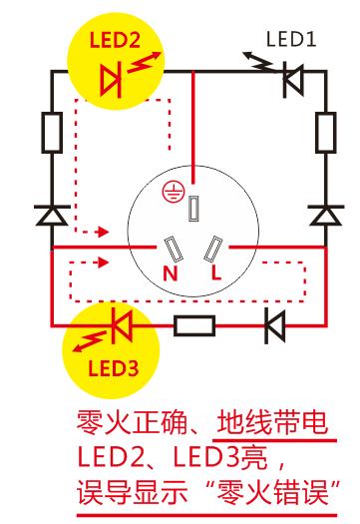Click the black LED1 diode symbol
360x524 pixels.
click(290, 81)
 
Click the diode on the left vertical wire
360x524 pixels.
click(51, 215)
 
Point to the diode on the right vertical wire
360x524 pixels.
click(323, 215)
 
